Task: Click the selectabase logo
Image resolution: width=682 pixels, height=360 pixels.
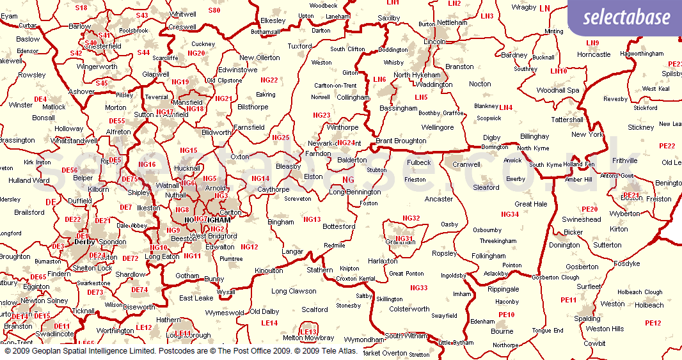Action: pos(626,18)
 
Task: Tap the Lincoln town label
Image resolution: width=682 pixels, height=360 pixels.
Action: pos(434,42)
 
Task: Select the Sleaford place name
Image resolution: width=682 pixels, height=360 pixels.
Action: pos(486,187)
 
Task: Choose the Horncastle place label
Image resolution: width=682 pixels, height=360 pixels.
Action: pos(594,54)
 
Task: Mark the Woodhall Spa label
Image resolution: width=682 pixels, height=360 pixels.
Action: pos(558,90)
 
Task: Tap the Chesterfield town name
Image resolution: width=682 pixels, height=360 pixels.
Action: pos(103,46)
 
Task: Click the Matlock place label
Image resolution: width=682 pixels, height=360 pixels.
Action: pos(54,107)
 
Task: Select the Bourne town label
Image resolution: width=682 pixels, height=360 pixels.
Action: pos(502,331)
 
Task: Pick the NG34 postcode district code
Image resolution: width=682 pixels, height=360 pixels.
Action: pos(510,214)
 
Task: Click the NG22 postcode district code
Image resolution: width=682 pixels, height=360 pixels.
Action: pos(269,80)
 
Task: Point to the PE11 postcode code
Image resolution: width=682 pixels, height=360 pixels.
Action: pos(568,300)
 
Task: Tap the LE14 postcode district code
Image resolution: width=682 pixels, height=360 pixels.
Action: pos(269,323)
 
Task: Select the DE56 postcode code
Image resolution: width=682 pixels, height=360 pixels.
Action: pos(69,170)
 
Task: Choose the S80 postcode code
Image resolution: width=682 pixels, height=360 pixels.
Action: pos(214,10)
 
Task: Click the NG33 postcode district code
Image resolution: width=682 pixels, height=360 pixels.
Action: pos(418,288)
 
